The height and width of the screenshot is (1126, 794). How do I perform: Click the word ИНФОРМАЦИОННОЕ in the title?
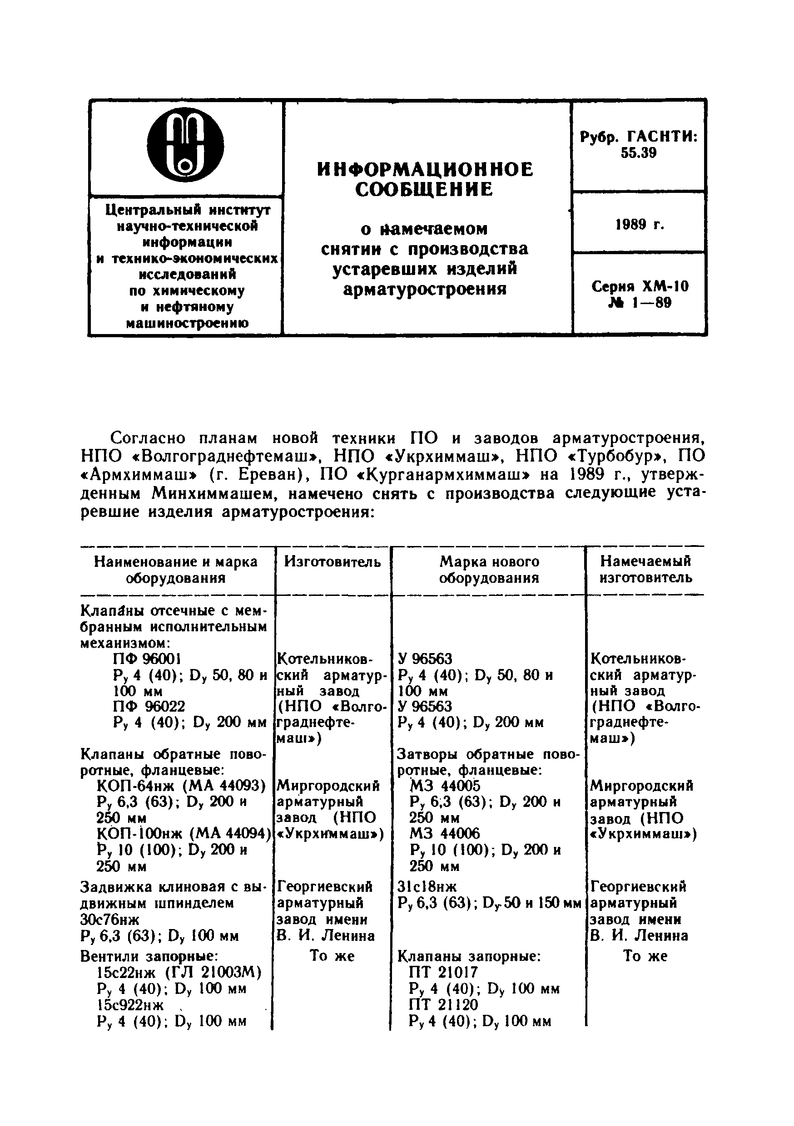click(426, 170)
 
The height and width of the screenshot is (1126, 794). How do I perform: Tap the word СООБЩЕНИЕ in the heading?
click(424, 189)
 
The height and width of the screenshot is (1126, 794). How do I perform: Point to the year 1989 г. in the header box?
click(639, 225)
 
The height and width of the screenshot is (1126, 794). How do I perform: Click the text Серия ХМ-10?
click(640, 286)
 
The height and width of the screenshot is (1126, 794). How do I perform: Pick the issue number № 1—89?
click(640, 303)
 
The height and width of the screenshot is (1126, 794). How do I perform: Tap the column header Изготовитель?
click(332, 561)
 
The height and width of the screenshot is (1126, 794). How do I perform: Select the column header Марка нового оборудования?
click(489, 570)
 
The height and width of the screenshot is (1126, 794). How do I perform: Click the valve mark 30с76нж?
click(109, 919)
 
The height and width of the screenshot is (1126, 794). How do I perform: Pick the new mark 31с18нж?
click(427, 887)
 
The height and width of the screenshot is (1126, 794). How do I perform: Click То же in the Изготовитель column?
click(332, 956)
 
